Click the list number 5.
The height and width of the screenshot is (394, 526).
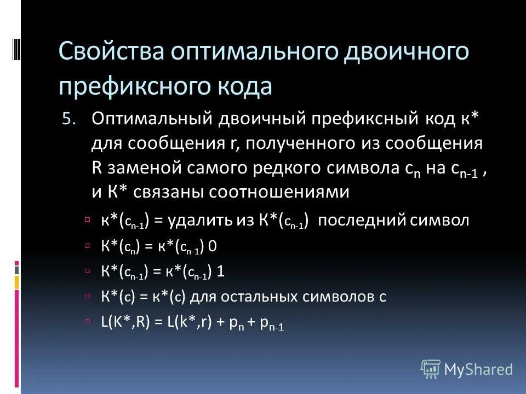(66, 119)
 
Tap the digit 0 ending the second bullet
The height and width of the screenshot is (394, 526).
(213, 246)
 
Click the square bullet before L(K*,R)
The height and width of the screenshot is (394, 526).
(88, 321)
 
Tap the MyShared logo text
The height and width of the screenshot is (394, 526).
(478, 369)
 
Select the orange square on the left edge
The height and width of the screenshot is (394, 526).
(16, 282)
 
